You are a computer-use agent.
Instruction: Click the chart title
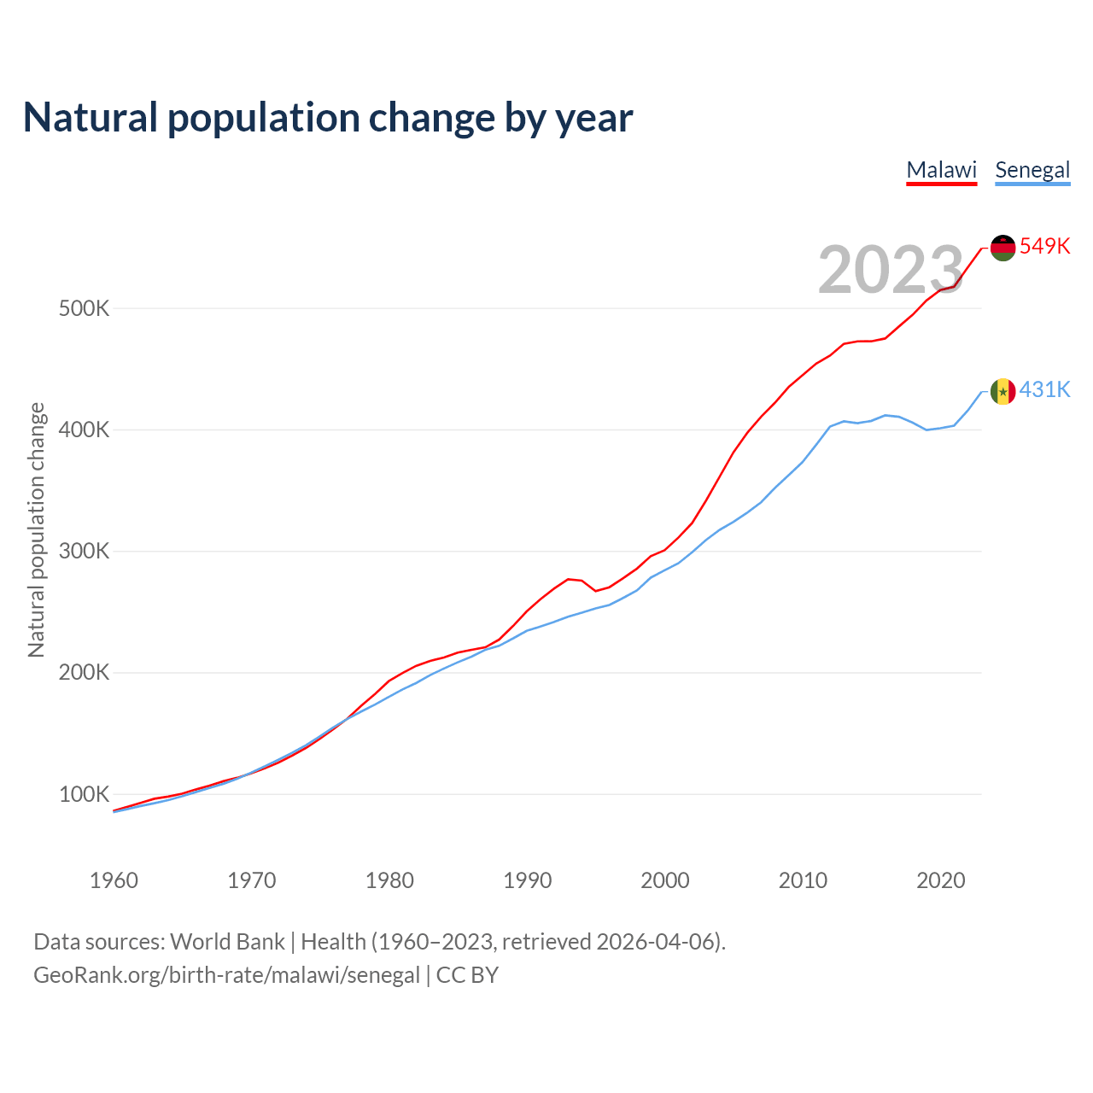pos(328,118)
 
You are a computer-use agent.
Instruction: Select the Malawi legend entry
pos(941,170)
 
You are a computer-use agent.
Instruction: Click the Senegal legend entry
pos(1032,170)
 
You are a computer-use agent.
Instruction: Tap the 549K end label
pos(1045,246)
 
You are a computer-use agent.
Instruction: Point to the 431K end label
pos(1045,389)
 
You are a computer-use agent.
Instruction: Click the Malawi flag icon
pos(1002,248)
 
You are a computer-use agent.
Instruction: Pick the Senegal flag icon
pos(1002,391)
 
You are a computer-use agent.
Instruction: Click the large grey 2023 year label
pos(891,270)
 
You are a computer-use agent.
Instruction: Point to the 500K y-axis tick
pos(84,308)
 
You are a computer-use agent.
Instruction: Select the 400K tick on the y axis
pos(84,430)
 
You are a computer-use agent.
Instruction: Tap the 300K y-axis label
pos(84,551)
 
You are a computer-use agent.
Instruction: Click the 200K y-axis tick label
pos(84,673)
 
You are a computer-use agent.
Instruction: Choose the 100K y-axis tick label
pos(84,794)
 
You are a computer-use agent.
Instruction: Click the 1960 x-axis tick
pos(114,880)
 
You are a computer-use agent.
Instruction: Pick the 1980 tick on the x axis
pos(389,880)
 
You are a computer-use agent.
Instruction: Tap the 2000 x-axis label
pos(665,880)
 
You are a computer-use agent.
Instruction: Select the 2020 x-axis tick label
pos(940,880)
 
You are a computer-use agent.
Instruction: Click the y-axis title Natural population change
pos(36,530)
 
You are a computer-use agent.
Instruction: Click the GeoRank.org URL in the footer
pos(226,975)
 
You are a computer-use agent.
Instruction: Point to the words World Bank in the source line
pos(227,942)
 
